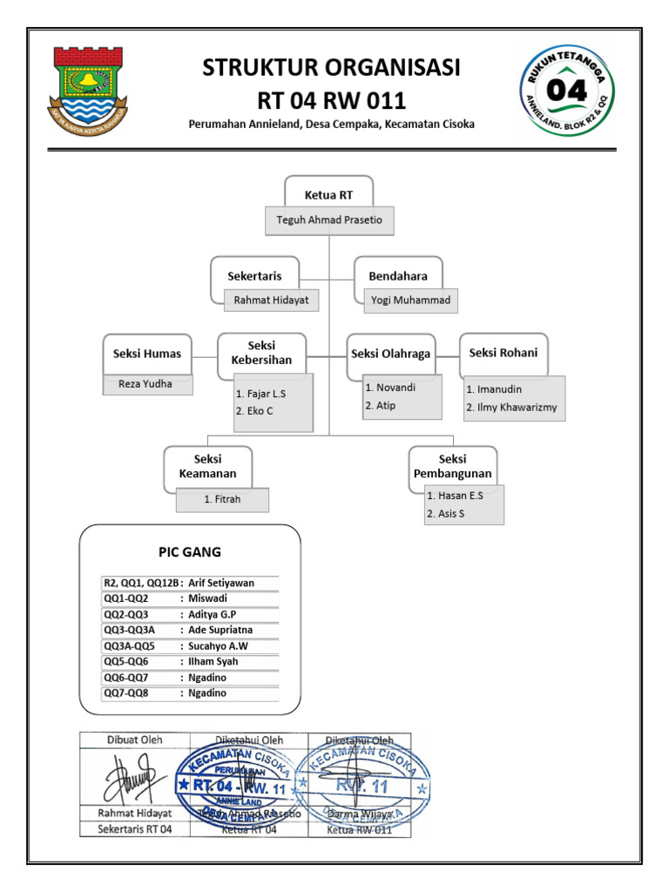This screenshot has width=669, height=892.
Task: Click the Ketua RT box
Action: coord(328,193)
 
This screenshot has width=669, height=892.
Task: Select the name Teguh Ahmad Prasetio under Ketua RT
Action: coord(328,220)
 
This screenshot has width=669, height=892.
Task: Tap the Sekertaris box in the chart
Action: coord(255,275)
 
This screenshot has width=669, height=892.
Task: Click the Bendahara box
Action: coord(398,275)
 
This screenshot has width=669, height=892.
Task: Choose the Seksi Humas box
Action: coord(147,354)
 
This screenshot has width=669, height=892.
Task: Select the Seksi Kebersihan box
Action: coord(262,353)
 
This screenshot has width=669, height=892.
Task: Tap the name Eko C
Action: coord(260,410)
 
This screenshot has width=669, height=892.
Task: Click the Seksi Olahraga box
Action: coord(390,353)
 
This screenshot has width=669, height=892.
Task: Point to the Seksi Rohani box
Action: coord(503,352)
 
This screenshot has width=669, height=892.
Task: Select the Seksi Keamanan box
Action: coord(208,466)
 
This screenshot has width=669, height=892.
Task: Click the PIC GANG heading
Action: coord(189,551)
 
